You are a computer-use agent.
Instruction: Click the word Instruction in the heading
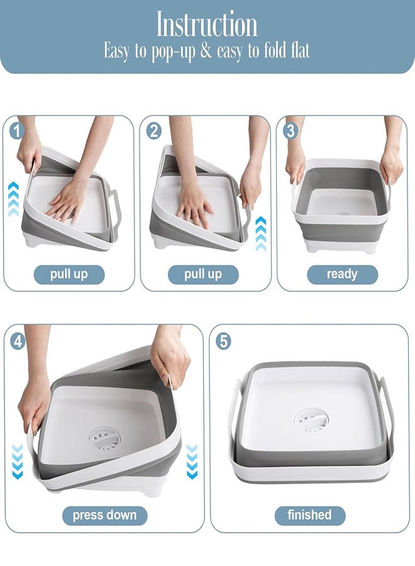click(x=207, y=25)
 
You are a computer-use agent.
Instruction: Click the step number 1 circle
click(x=16, y=131)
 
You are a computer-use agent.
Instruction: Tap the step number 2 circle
click(x=153, y=131)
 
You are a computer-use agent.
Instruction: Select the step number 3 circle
click(x=290, y=131)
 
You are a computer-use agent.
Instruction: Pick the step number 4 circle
click(x=18, y=341)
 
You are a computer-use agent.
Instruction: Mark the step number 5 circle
click(x=223, y=341)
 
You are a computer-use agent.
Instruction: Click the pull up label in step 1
click(x=69, y=275)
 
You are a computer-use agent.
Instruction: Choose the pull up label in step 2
click(x=202, y=275)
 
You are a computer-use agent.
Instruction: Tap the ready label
click(x=342, y=274)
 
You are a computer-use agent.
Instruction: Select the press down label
click(x=104, y=516)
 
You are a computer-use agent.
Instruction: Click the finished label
click(x=309, y=515)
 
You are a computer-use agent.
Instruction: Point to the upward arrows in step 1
click(x=13, y=198)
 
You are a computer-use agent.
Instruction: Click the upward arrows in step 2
click(x=261, y=233)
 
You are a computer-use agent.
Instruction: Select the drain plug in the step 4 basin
click(x=103, y=438)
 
